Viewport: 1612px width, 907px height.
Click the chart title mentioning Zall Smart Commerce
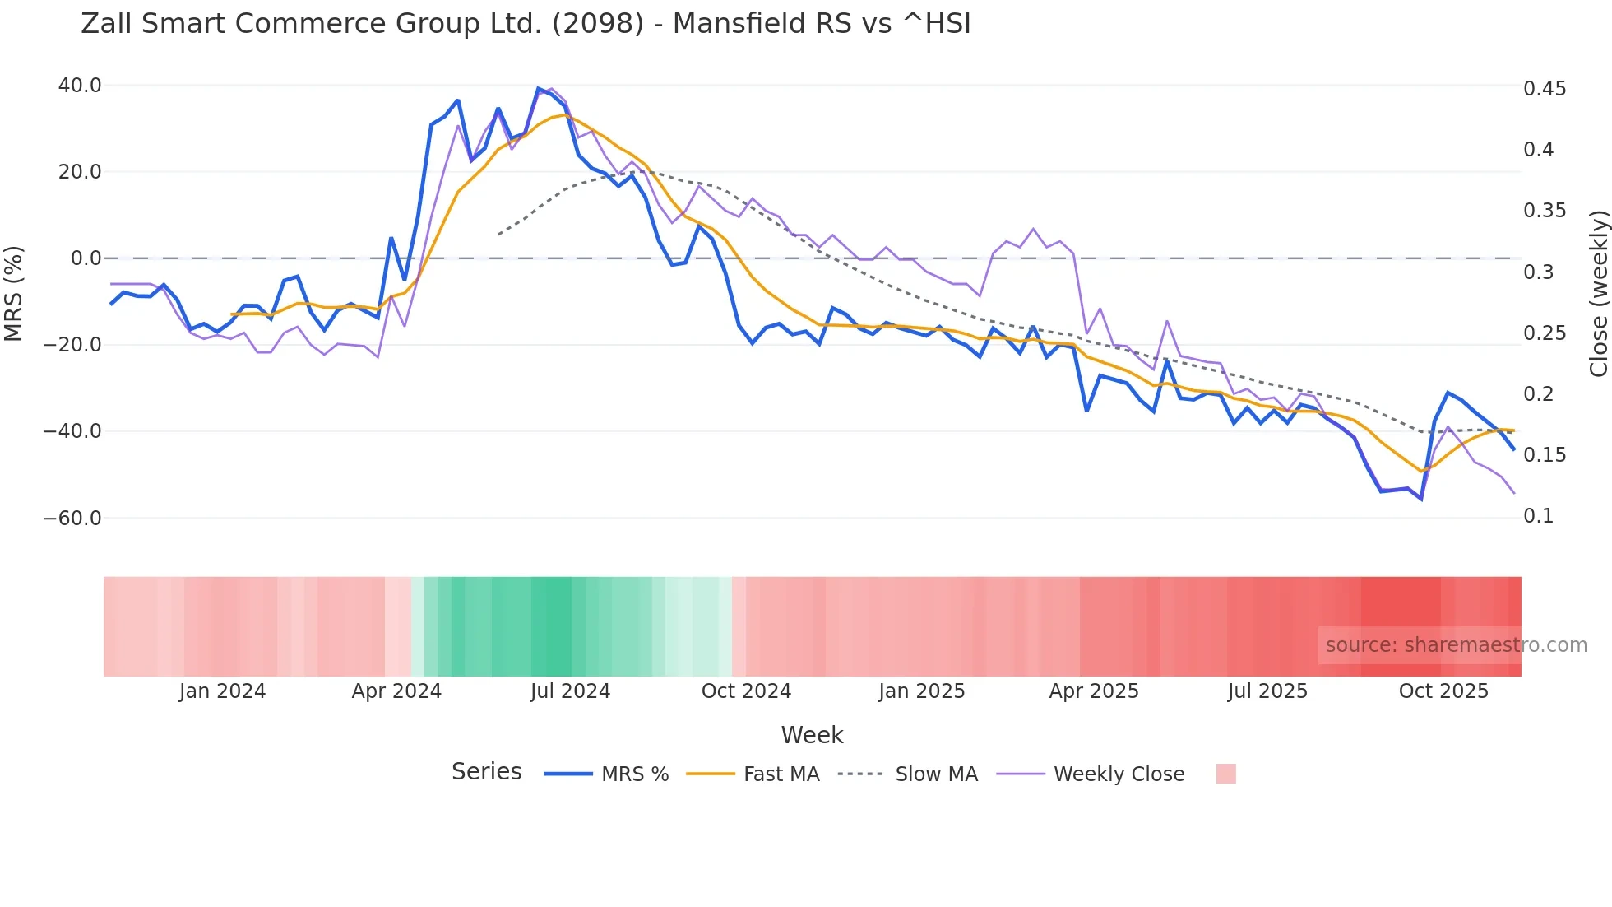(526, 24)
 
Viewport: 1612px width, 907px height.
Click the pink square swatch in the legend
(1225, 774)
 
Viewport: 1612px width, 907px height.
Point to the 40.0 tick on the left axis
(80, 86)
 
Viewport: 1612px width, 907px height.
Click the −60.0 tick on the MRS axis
(72, 519)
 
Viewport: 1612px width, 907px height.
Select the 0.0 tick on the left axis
(86, 258)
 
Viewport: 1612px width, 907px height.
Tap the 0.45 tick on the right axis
(1545, 89)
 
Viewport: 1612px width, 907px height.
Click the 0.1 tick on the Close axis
(1538, 516)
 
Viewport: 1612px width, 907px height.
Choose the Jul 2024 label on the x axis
(570, 691)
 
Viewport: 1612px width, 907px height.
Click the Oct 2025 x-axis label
(1443, 691)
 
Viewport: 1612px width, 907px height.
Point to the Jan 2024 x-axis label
(222, 691)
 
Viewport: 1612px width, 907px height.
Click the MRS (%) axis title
(14, 294)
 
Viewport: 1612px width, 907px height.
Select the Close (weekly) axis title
(1598, 294)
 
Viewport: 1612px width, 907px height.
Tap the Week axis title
(812, 735)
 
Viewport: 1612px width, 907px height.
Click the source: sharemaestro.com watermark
(1456, 645)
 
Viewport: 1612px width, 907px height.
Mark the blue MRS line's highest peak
(539, 89)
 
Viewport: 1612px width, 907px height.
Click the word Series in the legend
(486, 772)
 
